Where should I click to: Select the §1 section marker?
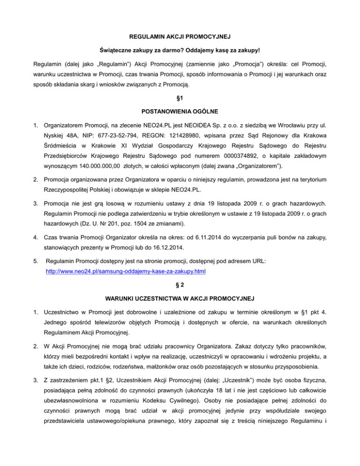pos(180,99)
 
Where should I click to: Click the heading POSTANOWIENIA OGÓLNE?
pos(180,112)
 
